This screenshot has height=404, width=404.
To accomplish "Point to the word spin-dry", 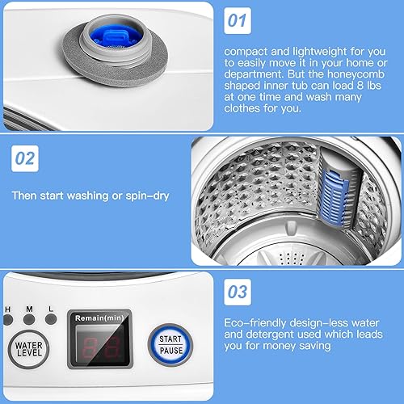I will tap(148, 195).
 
